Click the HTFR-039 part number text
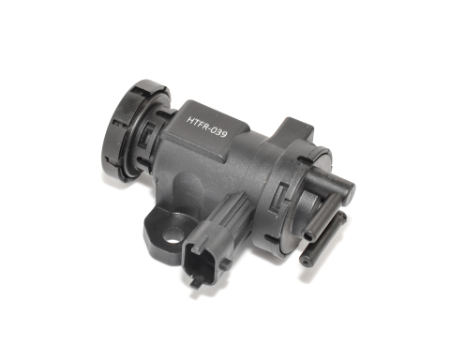tap(207, 127)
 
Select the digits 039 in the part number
tap(219, 133)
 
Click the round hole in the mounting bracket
tap(172, 235)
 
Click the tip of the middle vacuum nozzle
tap(309, 236)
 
